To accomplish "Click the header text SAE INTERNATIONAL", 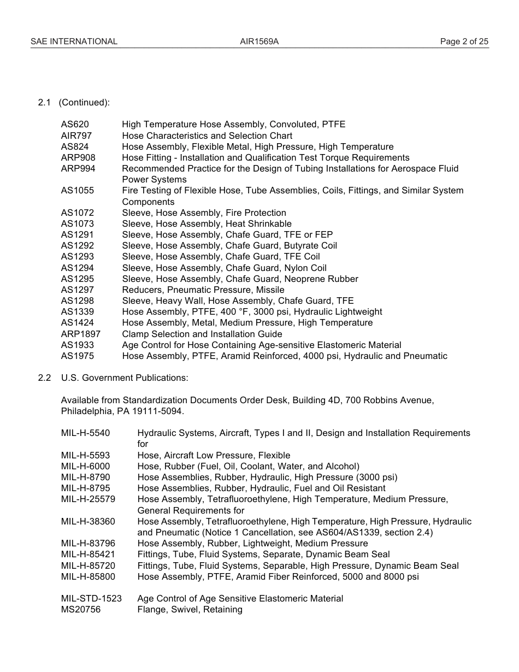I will tap(74, 42).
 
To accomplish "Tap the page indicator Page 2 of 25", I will tap(464, 42).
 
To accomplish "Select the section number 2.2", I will tap(44, 378).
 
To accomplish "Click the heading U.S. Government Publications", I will tap(125, 378).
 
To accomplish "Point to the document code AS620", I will tap(74, 124).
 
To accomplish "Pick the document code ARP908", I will tap(78, 157).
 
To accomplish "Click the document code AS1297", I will tap(77, 290).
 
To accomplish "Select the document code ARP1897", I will tap(80, 334).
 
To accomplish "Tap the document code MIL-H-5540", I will tap(85, 433).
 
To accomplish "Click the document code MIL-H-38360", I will tap(88, 521).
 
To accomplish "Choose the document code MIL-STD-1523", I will tap(91, 598).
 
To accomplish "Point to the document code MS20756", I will tap(81, 609).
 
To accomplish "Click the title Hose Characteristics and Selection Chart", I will tap(207, 135).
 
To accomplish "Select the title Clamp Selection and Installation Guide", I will tap(202, 334).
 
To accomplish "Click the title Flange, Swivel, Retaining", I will tap(190, 609).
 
